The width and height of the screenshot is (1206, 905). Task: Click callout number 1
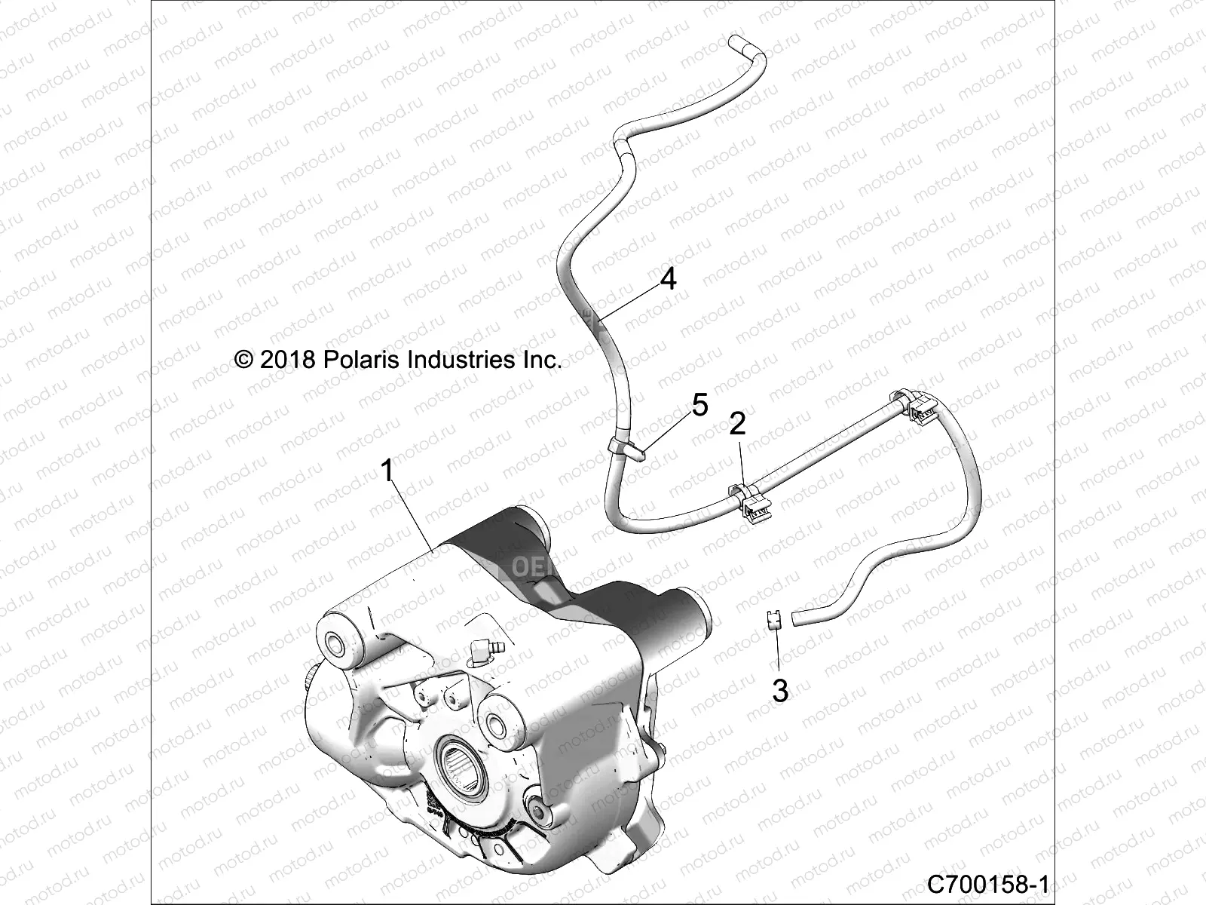click(387, 472)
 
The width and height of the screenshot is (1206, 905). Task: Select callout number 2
click(737, 423)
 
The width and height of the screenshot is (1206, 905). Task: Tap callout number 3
click(780, 690)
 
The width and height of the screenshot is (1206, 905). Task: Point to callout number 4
click(668, 280)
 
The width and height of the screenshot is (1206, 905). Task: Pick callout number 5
click(699, 406)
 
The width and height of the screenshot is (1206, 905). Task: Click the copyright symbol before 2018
click(244, 360)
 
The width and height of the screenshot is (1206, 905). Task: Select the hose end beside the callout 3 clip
click(794, 618)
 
